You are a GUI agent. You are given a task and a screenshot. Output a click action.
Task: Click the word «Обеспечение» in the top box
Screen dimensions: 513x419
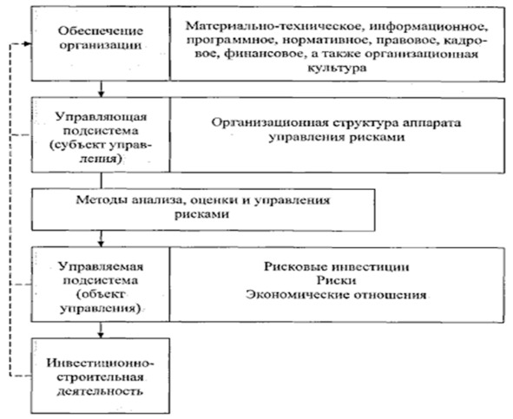(101, 30)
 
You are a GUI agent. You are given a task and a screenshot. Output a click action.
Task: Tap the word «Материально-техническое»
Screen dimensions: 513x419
(274, 25)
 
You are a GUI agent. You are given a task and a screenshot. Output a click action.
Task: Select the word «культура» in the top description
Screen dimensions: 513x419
(337, 68)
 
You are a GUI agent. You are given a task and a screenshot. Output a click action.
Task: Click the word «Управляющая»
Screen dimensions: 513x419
(101, 117)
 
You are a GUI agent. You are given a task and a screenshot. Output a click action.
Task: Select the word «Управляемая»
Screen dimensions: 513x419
(101, 266)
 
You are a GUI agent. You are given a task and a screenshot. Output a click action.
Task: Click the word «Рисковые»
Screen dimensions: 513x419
(296, 266)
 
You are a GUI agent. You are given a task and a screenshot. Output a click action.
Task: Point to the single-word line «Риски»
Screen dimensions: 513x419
(336, 280)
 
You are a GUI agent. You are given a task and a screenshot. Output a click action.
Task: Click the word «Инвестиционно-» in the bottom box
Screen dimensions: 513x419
(100, 363)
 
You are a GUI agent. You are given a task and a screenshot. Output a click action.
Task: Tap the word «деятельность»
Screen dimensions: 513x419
(100, 391)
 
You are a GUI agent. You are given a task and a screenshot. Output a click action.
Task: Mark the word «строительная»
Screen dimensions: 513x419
(100, 377)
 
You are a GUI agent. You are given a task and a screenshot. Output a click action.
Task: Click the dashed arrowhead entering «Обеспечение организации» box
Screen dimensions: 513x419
(28, 44)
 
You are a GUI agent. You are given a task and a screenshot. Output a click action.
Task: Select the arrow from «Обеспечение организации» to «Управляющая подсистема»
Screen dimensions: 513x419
(101, 89)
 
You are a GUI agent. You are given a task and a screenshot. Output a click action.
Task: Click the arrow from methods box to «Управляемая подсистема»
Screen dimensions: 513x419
(101, 239)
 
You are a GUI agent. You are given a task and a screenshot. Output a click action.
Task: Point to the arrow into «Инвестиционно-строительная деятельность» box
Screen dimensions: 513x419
(101, 330)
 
